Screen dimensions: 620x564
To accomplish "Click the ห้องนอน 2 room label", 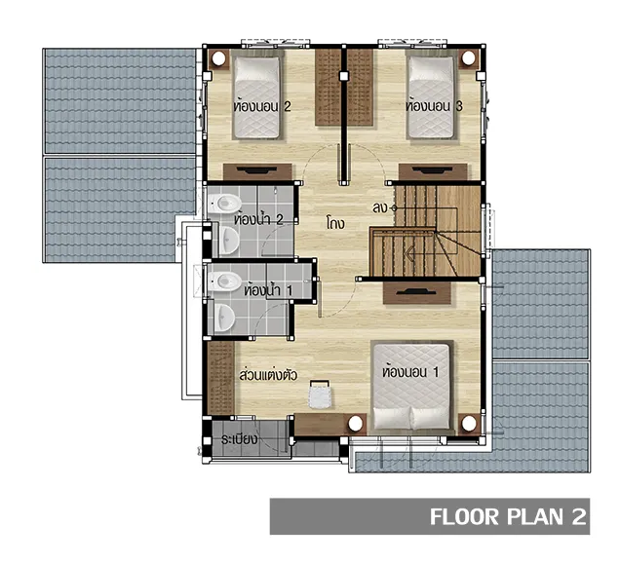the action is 262,106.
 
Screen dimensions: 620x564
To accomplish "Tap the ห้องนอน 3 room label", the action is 434,106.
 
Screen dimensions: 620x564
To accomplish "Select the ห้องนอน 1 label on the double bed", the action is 410,371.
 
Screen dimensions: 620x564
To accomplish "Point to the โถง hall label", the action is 335,223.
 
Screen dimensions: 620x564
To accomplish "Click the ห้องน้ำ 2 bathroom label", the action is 258,219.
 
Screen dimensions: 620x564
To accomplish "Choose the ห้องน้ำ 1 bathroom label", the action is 268,290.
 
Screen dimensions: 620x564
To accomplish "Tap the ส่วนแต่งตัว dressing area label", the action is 268,374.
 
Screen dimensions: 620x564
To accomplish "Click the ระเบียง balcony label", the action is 240,438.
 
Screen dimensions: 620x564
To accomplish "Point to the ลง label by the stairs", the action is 380,207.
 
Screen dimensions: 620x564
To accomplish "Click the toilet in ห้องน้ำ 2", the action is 224,204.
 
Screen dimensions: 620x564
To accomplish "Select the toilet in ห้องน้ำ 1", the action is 224,281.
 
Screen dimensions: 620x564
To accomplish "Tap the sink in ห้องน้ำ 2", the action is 228,240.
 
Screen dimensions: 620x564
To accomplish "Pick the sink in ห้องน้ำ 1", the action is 224,317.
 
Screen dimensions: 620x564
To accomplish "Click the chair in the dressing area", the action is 320,395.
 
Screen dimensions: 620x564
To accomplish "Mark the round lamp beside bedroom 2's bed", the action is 217,58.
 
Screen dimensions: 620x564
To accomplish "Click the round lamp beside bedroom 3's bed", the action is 469,58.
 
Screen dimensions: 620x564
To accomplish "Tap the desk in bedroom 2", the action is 257,171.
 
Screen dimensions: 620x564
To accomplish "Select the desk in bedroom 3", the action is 433,171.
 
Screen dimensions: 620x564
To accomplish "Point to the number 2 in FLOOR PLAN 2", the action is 578,516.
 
